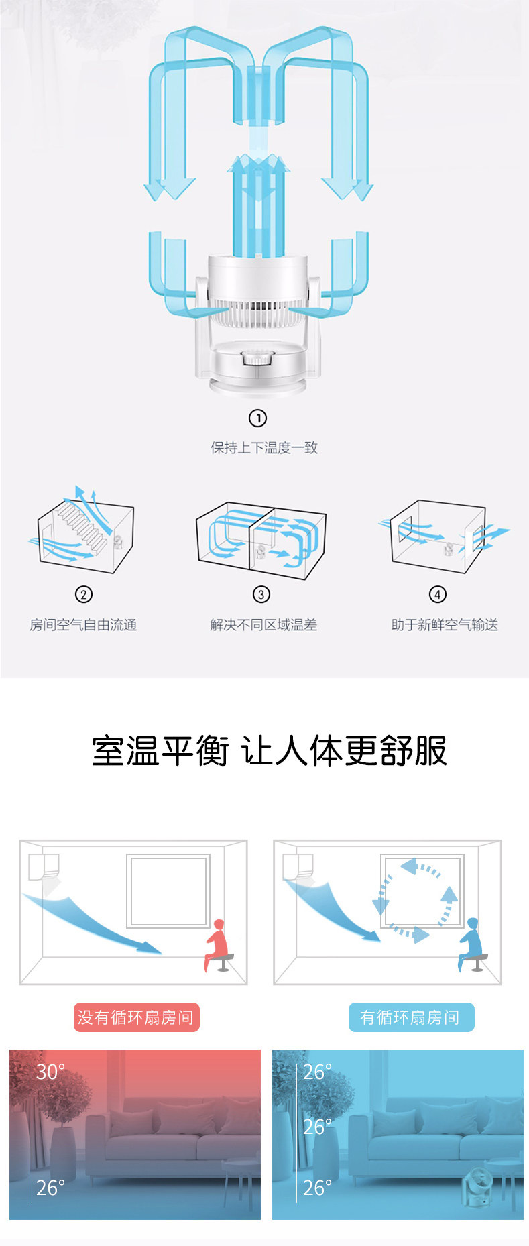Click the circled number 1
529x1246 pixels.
pos(257,418)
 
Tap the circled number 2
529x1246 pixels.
pos(83,595)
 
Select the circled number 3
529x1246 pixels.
pos(261,595)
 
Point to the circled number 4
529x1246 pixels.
pos(437,595)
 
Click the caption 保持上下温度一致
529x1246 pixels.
pos(264,448)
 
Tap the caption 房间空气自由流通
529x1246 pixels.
pos(83,625)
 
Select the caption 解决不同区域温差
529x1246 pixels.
pos(263,625)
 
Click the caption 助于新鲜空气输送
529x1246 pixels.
pos(445,625)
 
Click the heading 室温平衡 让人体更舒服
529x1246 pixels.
pos(269,751)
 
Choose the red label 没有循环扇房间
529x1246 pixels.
pos(136,1017)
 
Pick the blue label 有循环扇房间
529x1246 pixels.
pos(410,1017)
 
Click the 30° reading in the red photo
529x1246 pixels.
pos(51,1072)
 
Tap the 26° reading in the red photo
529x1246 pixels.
pos(51,1188)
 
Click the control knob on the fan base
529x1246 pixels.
pos(255,358)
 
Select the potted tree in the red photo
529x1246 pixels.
pos(64,1113)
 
